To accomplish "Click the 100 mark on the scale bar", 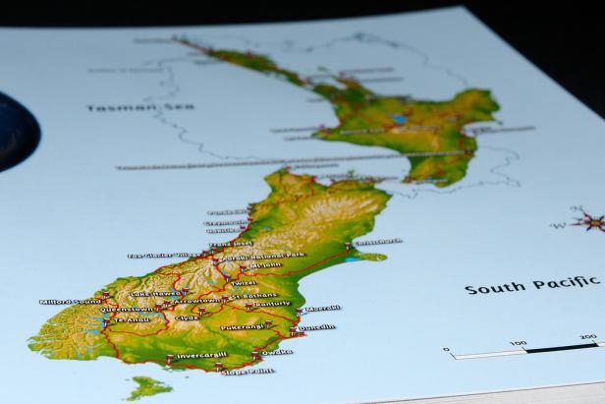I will pos(518,343).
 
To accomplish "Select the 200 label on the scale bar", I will pos(587,337).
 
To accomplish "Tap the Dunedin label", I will pos(316,328).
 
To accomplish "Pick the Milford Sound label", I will pos(70,301).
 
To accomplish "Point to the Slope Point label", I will pos(247,371).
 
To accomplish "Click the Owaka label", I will pos(277,352).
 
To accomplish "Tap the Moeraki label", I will pos(323,308).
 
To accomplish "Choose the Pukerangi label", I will pos(242,326).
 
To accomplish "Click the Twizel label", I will pos(245,281).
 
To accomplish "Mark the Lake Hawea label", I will pos(153,294).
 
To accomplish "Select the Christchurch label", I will pos(378,241).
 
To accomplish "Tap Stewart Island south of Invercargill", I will pos(148,387).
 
